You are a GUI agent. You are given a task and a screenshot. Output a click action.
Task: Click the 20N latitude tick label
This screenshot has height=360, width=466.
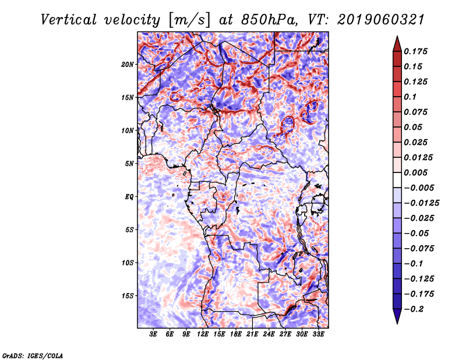click(x=128, y=65)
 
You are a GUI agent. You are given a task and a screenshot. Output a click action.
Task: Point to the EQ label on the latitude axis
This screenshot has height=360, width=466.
click(x=129, y=197)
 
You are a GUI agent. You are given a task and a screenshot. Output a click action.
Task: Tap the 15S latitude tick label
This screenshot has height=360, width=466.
click(x=128, y=296)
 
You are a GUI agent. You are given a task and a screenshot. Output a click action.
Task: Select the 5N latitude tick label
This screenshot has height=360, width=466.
click(x=129, y=164)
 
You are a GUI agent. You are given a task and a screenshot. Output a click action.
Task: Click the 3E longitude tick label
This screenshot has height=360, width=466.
click(x=153, y=334)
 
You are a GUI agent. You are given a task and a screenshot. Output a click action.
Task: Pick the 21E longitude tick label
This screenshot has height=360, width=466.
click(x=252, y=334)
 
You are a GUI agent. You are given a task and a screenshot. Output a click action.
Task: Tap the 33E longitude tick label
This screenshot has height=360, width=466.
click(x=318, y=334)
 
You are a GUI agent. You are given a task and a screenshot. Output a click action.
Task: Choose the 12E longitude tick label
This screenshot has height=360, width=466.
click(x=202, y=334)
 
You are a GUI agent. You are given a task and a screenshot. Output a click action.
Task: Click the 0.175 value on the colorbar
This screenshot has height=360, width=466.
click(x=416, y=51)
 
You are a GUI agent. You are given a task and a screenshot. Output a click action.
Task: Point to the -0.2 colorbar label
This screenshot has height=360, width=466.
click(x=414, y=309)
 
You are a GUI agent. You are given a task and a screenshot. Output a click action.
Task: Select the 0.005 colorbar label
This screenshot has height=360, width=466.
click(x=416, y=172)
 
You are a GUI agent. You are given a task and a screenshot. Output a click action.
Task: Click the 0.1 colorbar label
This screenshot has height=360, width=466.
click(x=410, y=97)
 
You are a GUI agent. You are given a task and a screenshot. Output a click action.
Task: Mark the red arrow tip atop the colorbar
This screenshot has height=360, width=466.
click(x=397, y=37)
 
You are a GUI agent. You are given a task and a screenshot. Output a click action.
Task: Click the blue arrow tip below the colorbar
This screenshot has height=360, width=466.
click(x=397, y=323)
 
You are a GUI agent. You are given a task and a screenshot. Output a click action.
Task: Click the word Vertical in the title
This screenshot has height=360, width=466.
click(x=69, y=20)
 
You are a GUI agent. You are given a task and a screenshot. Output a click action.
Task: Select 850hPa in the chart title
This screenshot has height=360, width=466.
click(x=269, y=20)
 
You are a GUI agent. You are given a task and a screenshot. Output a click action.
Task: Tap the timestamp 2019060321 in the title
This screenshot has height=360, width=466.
click(x=380, y=20)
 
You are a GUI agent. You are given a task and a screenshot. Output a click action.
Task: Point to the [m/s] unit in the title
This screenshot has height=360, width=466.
click(x=189, y=20)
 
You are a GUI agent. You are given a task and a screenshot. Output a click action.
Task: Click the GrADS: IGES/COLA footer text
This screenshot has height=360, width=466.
click(x=33, y=356)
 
